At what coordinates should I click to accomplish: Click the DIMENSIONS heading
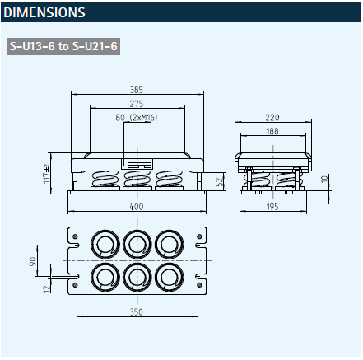44,12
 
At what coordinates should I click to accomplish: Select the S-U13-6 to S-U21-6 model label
63,46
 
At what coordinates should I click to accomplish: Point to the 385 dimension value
137,90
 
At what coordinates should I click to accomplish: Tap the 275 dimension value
137,104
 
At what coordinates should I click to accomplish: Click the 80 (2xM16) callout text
137,118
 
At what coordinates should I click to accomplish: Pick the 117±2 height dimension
46,174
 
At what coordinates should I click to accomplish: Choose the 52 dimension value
219,182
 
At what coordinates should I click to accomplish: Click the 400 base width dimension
137,207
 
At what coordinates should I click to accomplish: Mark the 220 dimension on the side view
272,118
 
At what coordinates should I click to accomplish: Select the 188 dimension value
272,131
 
